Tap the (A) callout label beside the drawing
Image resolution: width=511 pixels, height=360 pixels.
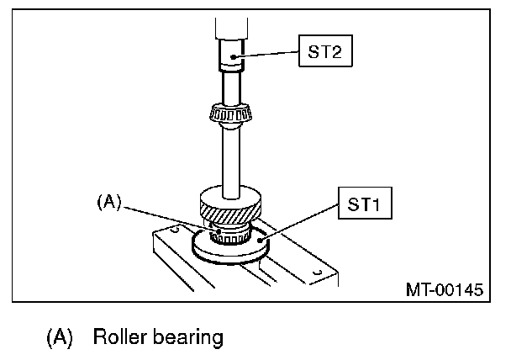coord(110,202)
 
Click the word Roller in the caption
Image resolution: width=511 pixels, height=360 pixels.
coord(122,337)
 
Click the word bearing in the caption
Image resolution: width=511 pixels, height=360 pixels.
coord(191,338)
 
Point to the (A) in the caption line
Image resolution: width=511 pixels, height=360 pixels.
coord(58,338)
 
